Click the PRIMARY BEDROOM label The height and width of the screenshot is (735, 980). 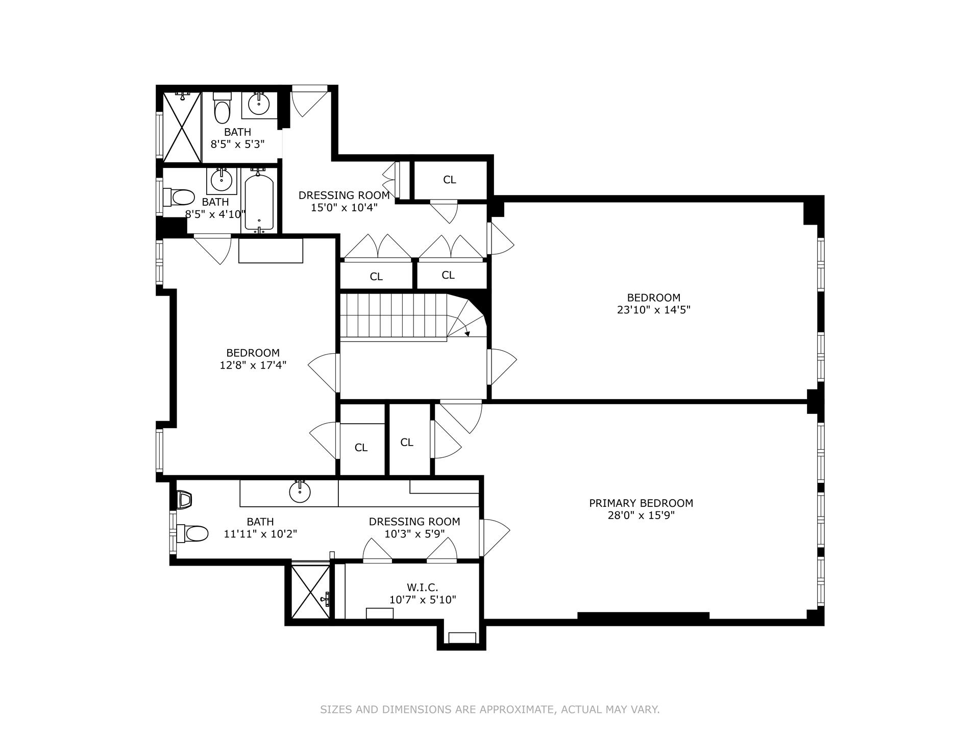tap(641, 503)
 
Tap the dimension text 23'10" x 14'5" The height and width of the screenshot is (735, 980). tap(653, 310)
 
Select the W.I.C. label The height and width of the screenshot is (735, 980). tap(423, 587)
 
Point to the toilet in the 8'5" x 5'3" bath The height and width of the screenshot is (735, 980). tap(222, 109)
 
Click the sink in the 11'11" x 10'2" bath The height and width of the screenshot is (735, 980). tap(300, 492)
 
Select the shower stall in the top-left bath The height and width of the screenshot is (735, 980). tap(182, 127)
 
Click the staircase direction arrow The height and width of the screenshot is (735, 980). tap(467, 333)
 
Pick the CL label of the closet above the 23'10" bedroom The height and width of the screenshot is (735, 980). tap(449, 180)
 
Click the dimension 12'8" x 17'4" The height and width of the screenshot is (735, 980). tap(253, 365)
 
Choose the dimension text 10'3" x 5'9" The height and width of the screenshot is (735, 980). tap(414, 534)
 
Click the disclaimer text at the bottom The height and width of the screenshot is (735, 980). tap(489, 709)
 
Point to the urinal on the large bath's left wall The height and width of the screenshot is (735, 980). tap(184, 499)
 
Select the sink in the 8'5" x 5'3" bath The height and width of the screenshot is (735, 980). tap(259, 104)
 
